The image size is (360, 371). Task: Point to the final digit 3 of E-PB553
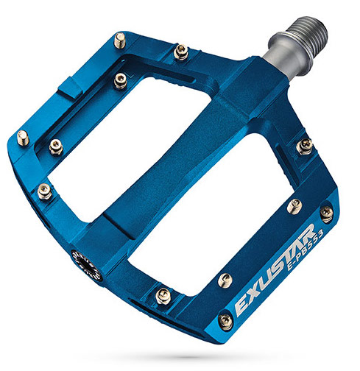coord(320,232)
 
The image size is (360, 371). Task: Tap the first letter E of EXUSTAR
coord(241,308)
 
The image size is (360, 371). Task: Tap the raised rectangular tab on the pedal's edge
coord(71,88)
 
